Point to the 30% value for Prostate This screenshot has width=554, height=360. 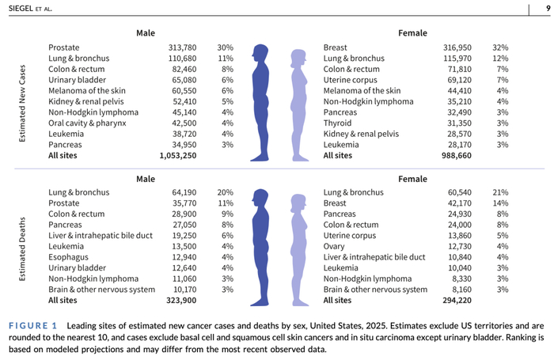tap(226, 47)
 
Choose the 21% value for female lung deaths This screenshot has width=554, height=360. tap(500, 193)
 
